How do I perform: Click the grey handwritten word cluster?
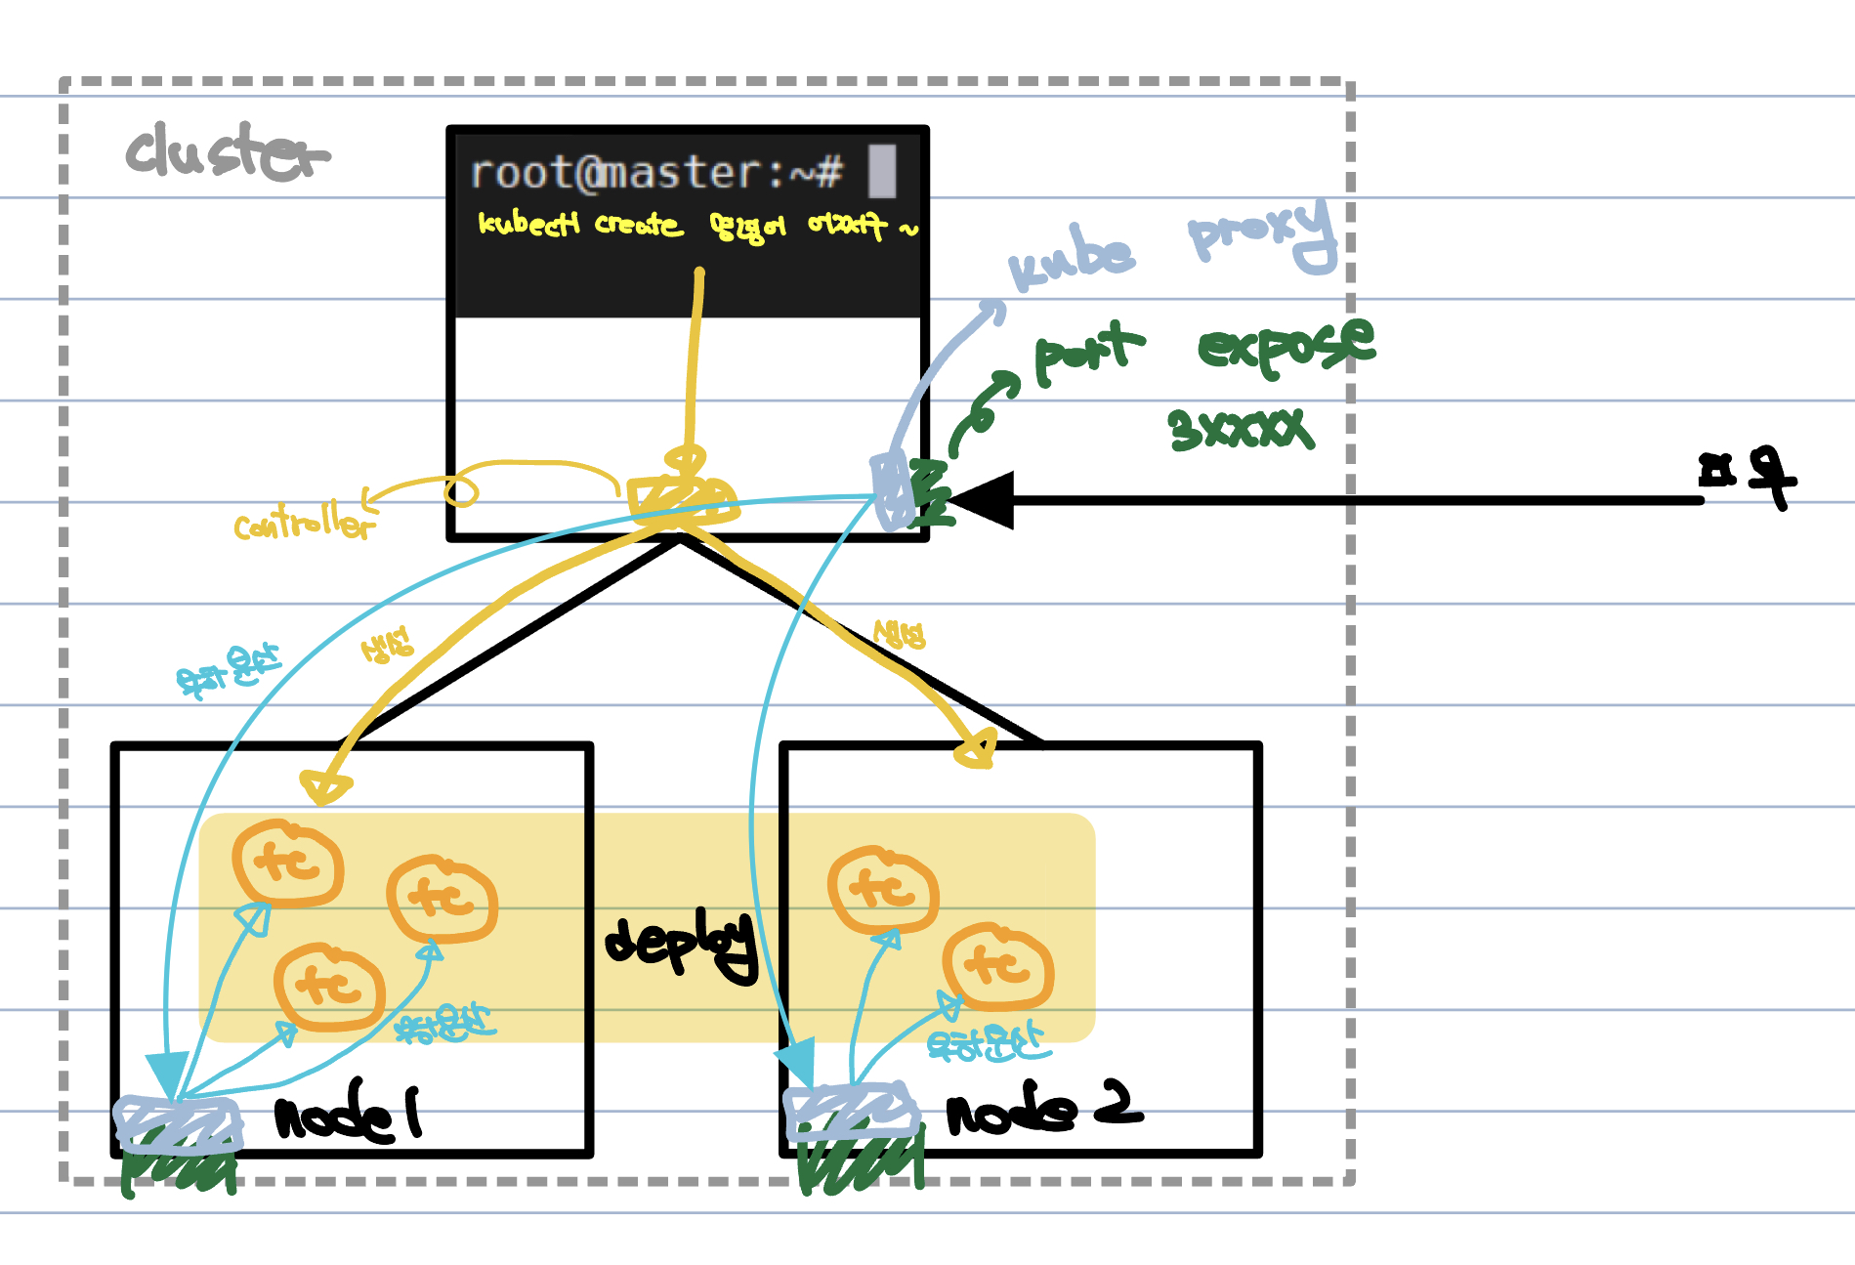[x=227, y=152]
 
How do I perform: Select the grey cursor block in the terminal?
[x=882, y=171]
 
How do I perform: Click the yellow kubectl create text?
[x=580, y=225]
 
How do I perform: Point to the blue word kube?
[x=1072, y=256]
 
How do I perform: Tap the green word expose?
[x=1286, y=346]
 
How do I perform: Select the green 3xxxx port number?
[x=1241, y=429]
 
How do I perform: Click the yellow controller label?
[x=303, y=523]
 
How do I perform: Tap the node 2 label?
[x=1043, y=1108]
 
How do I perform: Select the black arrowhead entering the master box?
[x=982, y=500]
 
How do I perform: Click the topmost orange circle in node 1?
[x=287, y=864]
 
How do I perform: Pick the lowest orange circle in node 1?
[x=328, y=986]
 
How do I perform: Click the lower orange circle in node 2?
[x=997, y=966]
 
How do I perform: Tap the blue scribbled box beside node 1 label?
[x=178, y=1124]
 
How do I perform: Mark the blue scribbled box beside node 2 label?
[x=851, y=1111]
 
